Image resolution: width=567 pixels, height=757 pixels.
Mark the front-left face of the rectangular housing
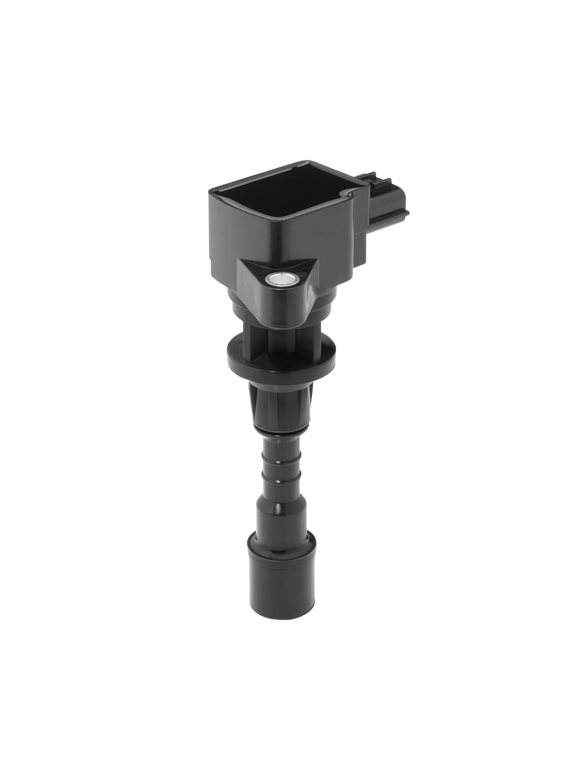pos(240,233)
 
